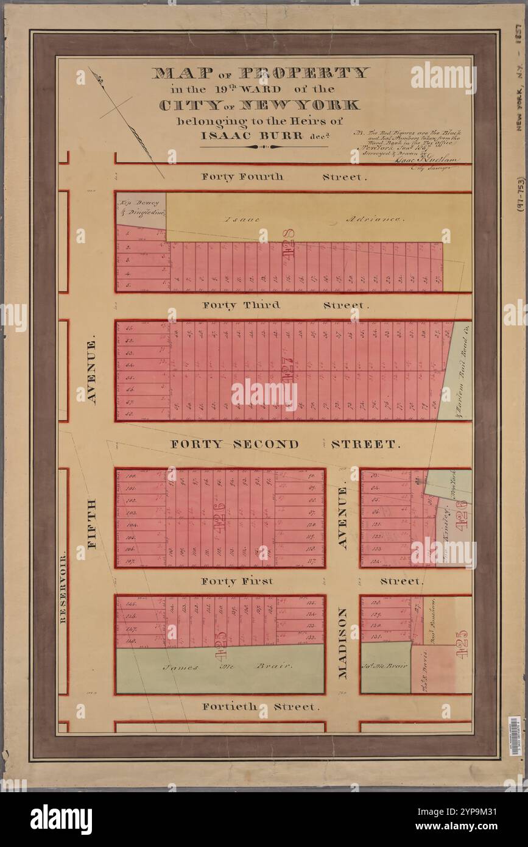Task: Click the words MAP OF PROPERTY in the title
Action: [x=260, y=73]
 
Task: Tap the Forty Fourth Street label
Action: [x=242, y=177]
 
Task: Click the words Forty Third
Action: [x=241, y=305]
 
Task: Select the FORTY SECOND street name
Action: [x=234, y=444]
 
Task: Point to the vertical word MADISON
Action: [x=342, y=642]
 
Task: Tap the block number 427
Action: [x=288, y=370]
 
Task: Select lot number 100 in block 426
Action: [x=130, y=476]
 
